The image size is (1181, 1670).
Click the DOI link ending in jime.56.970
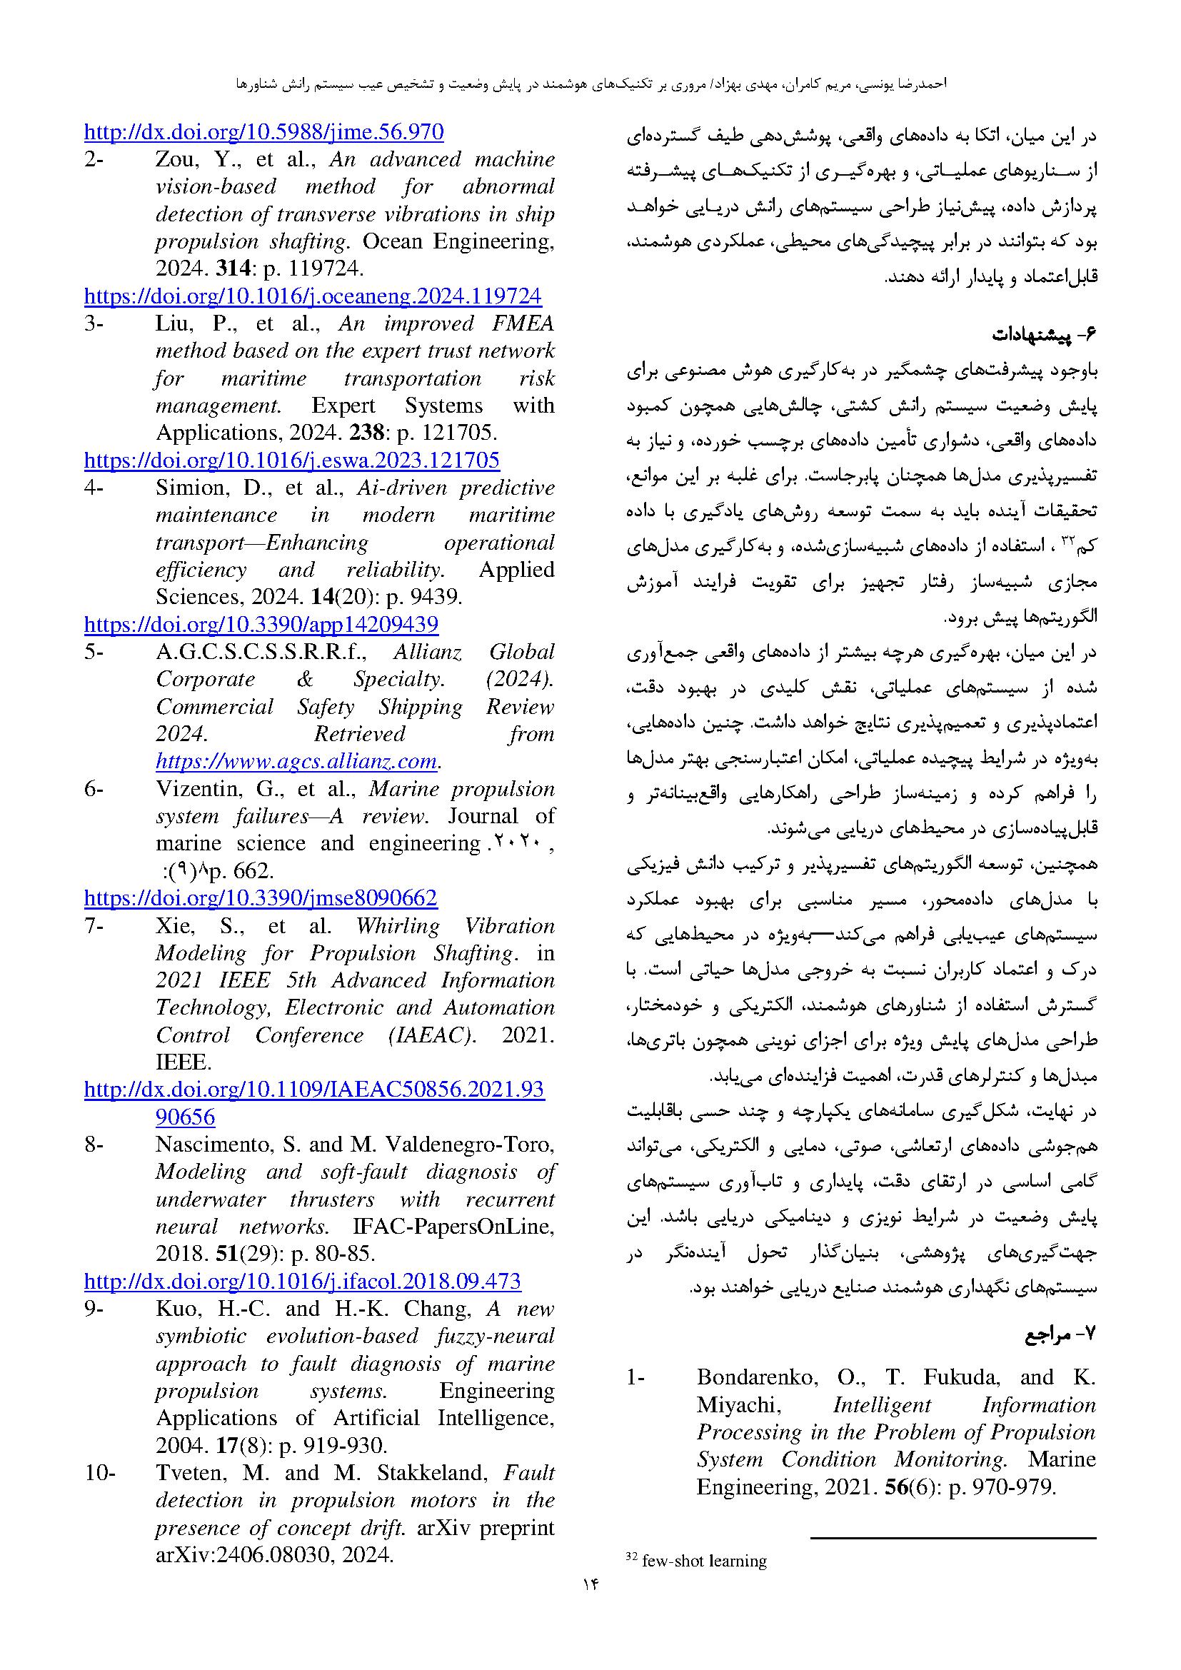263,132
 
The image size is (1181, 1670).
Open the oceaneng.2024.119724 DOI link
313,296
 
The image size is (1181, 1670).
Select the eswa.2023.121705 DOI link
291,461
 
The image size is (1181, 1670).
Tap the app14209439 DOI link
261,624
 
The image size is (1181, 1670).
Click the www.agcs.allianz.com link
296,762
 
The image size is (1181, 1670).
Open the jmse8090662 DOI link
261,898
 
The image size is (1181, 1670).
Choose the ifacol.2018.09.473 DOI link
303,1281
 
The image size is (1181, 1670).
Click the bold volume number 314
232,269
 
